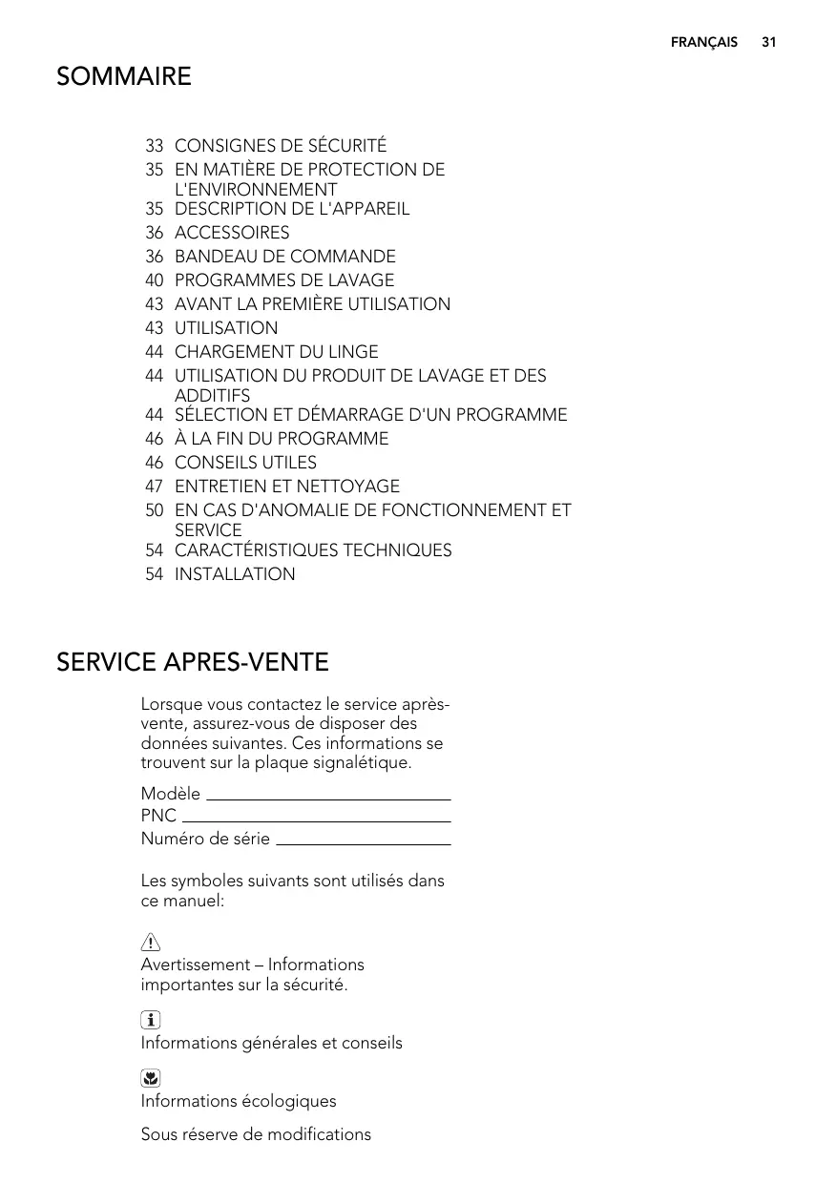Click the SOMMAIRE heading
click(124, 76)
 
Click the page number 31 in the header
click(769, 43)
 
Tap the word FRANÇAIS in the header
click(703, 43)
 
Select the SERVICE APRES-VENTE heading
click(193, 662)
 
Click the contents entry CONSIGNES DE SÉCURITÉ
click(281, 146)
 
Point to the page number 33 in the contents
click(154, 146)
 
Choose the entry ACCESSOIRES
click(232, 233)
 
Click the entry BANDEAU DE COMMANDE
click(284, 257)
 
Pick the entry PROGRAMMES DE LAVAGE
click(284, 280)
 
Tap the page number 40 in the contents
click(154, 280)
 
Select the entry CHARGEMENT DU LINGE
click(276, 352)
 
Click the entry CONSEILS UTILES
click(245, 463)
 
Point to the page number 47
click(154, 487)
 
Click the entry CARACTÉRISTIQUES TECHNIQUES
click(313, 550)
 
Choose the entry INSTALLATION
click(235, 574)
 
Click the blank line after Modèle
click(327, 799)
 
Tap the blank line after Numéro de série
click(363, 843)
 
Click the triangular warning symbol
click(150, 944)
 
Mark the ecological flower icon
click(150, 1079)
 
